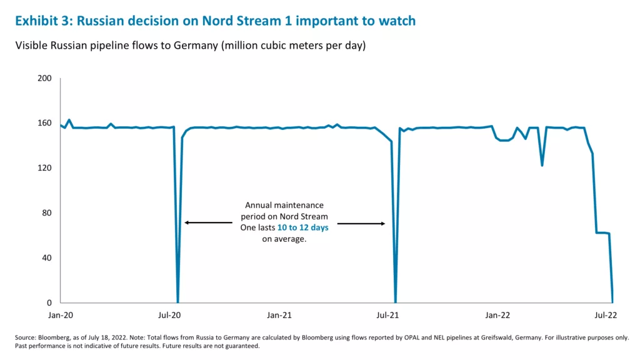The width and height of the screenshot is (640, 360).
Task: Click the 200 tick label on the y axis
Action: tap(46, 79)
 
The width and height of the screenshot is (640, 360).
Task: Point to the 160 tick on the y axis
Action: tap(46, 123)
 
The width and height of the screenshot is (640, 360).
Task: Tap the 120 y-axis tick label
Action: tap(46, 168)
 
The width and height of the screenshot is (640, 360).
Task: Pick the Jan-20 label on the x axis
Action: tap(61, 315)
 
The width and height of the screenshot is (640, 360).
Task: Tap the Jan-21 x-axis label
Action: tap(279, 315)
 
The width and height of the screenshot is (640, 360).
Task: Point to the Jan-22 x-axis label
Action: tap(498, 315)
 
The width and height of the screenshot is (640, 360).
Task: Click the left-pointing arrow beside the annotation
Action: tap(208, 222)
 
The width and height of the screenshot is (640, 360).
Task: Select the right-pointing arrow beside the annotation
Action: tap(361, 222)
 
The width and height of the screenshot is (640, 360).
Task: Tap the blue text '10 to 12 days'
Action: tap(302, 228)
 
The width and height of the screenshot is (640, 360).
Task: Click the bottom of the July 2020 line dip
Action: tap(178, 302)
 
